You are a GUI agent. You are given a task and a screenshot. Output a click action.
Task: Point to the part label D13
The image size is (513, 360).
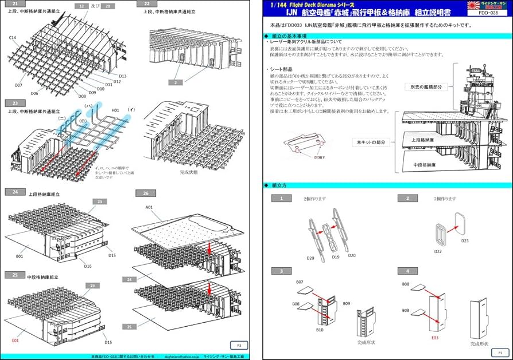click(123, 76)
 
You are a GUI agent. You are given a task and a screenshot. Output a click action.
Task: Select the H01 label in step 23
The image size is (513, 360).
click(115, 110)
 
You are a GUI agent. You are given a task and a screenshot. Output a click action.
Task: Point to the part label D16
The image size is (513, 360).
click(88, 266)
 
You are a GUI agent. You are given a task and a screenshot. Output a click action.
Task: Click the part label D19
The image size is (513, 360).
click(336, 257)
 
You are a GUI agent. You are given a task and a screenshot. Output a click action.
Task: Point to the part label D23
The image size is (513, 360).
click(465, 241)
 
